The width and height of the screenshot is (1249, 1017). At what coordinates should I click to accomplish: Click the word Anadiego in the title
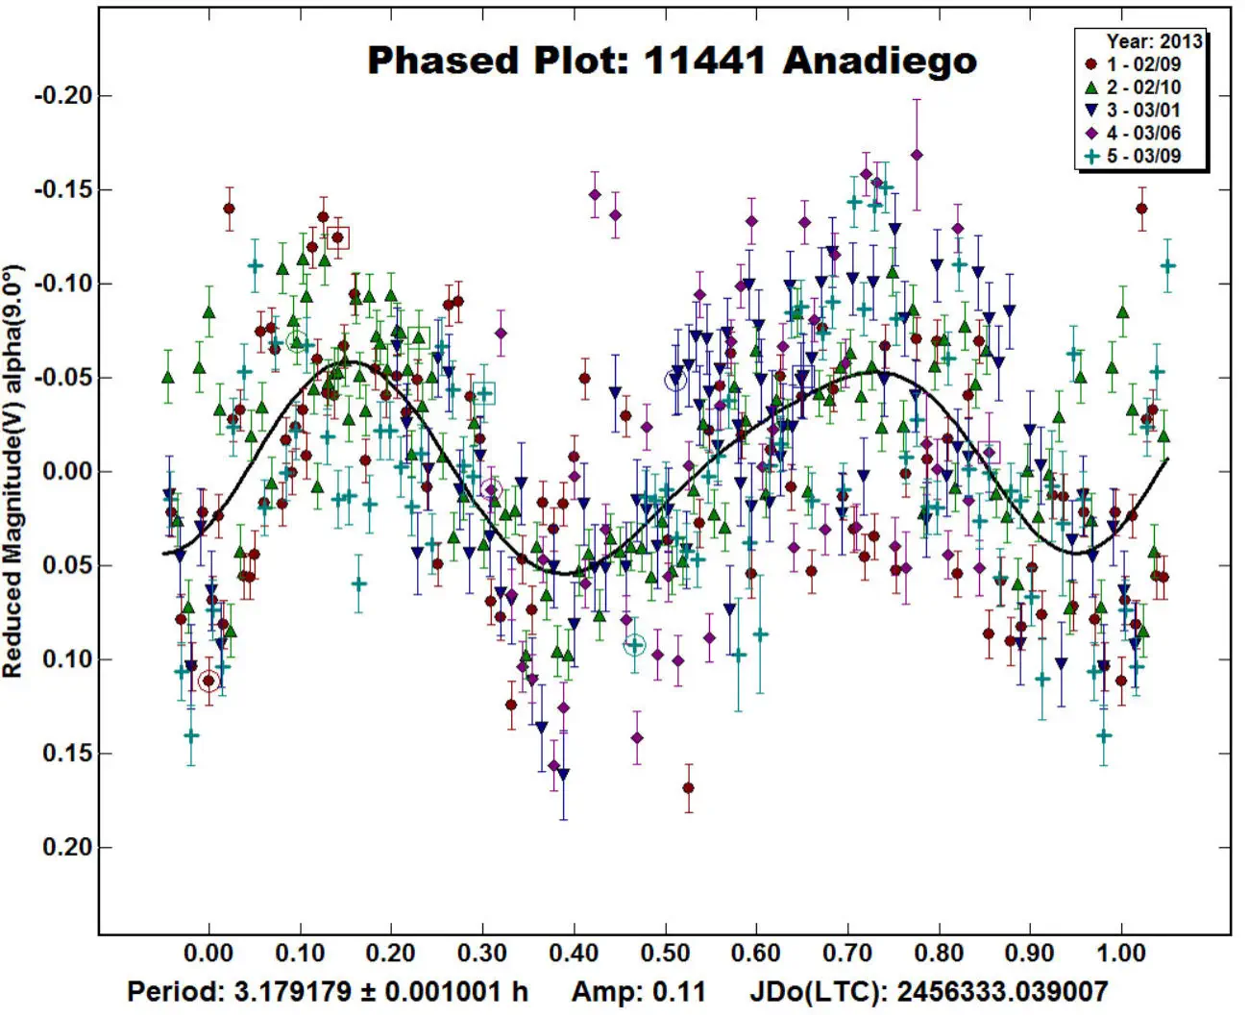(x=879, y=61)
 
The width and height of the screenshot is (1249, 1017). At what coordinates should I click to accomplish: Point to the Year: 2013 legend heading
(x=1153, y=41)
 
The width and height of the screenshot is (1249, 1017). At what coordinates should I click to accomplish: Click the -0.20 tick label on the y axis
(x=63, y=96)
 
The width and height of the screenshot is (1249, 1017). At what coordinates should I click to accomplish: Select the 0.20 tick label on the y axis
(x=67, y=848)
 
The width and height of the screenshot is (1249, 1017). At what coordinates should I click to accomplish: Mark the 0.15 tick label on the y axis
(x=67, y=754)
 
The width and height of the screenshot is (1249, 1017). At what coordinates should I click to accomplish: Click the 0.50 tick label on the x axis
(x=665, y=955)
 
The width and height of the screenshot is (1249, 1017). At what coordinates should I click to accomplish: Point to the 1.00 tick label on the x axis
(x=1121, y=955)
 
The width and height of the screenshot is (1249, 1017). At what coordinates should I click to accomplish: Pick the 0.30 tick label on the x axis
(x=482, y=955)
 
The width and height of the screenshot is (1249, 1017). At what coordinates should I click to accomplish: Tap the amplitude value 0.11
(x=686, y=992)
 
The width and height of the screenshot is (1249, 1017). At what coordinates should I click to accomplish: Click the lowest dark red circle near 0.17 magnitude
(x=688, y=788)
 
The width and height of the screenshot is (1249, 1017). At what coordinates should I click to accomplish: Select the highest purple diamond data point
(x=917, y=155)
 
